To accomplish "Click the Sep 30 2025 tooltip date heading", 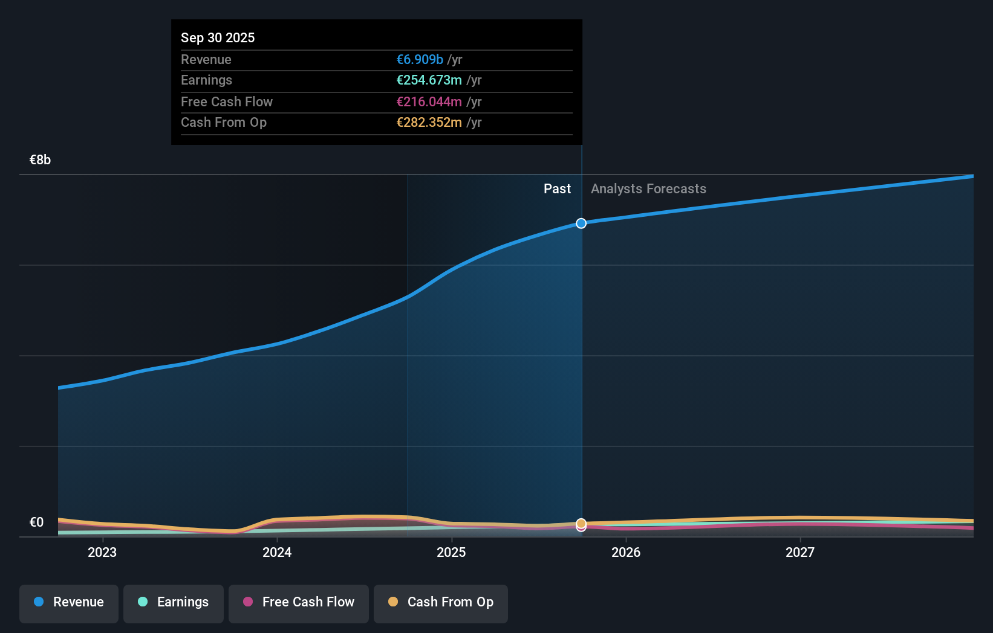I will (218, 37).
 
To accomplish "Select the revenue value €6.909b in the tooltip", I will (419, 59).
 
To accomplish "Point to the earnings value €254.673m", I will (429, 80).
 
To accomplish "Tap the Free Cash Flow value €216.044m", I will (429, 101).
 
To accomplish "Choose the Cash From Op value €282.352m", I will (429, 123).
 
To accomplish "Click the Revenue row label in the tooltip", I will (206, 59).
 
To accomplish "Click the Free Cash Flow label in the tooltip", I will (227, 101).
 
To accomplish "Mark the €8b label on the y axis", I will (40, 160).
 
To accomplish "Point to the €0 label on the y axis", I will (36, 522).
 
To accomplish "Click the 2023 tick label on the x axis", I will (102, 552).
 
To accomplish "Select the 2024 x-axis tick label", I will (277, 552).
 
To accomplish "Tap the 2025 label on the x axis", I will (451, 552).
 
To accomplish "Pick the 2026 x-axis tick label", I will (626, 552).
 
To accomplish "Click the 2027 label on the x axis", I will (800, 552).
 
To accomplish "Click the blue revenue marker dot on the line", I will (581, 223).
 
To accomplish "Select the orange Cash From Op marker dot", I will (581, 523).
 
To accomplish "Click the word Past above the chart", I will (557, 189).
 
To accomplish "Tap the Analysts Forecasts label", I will (648, 189).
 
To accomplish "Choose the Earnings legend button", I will (174, 602).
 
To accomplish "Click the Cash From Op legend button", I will (441, 602).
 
